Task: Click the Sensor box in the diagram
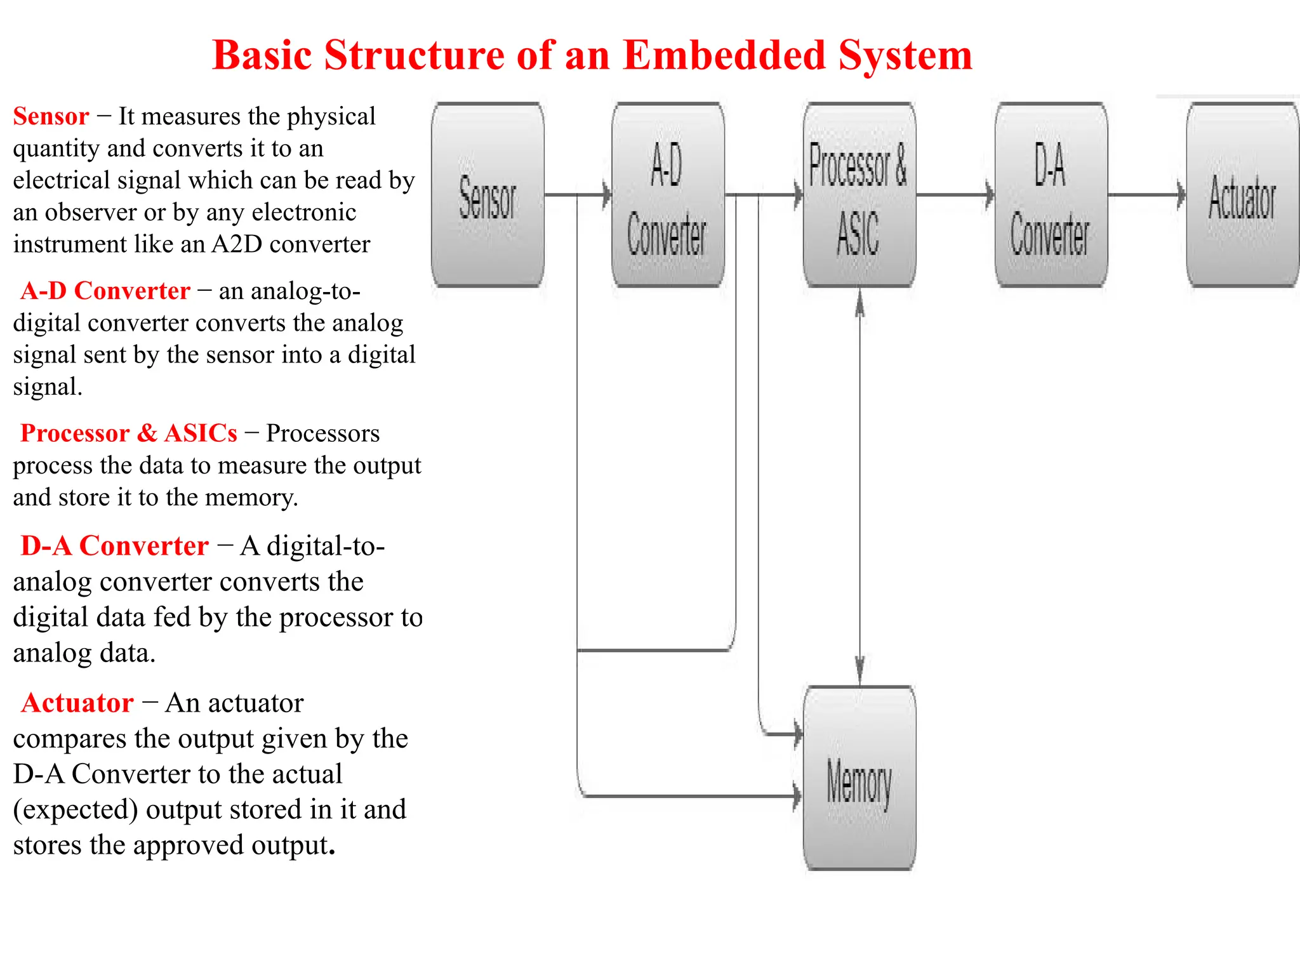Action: click(x=487, y=195)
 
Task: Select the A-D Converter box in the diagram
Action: click(x=668, y=195)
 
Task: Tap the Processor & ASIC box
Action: click(x=859, y=195)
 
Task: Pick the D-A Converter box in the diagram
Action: click(x=1051, y=195)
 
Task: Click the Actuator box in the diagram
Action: click(x=1242, y=195)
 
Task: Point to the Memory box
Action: click(x=859, y=778)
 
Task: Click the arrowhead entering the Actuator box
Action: click(x=1181, y=194)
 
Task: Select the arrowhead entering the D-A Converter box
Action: click(x=989, y=194)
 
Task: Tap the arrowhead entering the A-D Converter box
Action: click(x=606, y=194)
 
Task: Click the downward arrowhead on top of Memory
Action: click(x=859, y=670)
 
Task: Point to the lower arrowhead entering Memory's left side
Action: click(x=797, y=795)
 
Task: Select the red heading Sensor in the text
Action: click(x=51, y=116)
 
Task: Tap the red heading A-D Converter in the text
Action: click(x=105, y=291)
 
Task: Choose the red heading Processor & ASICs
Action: click(x=129, y=433)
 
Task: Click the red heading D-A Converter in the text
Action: click(x=114, y=546)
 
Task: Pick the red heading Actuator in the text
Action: click(x=77, y=703)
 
